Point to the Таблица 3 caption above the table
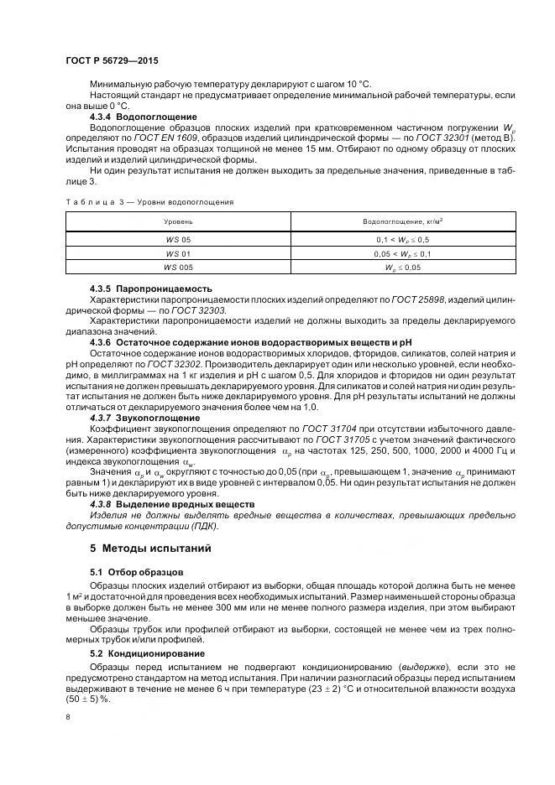[149, 201]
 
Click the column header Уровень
[178, 221]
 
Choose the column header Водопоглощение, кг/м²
[402, 221]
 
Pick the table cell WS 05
[178, 240]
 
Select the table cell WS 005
[178, 267]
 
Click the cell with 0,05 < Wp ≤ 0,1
[402, 253]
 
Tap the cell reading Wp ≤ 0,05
[402, 267]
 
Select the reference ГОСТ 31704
[330, 428]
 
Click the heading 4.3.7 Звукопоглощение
[144, 418]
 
